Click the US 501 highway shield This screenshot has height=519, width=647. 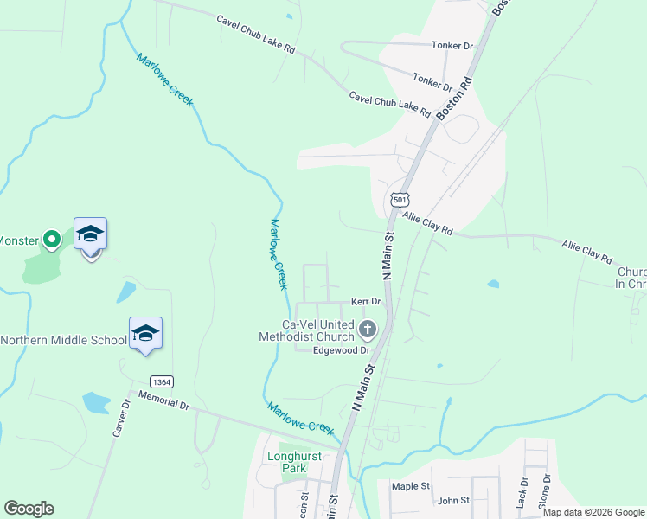[399, 199]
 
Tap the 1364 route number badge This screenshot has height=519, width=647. [160, 381]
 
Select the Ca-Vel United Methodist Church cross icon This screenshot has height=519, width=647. [368, 329]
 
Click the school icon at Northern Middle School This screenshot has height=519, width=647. [145, 333]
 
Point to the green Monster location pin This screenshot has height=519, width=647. [52, 239]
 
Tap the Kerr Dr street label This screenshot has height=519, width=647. [366, 301]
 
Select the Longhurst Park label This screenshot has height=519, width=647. [294, 461]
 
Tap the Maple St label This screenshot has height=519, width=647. [410, 486]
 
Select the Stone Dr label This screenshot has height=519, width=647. [545, 490]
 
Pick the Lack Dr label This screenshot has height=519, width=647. [522, 491]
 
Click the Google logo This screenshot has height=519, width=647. [29, 509]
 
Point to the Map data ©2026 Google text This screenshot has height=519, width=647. [593, 512]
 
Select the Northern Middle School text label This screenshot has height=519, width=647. [64, 340]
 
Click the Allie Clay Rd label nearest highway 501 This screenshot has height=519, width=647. [428, 226]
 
